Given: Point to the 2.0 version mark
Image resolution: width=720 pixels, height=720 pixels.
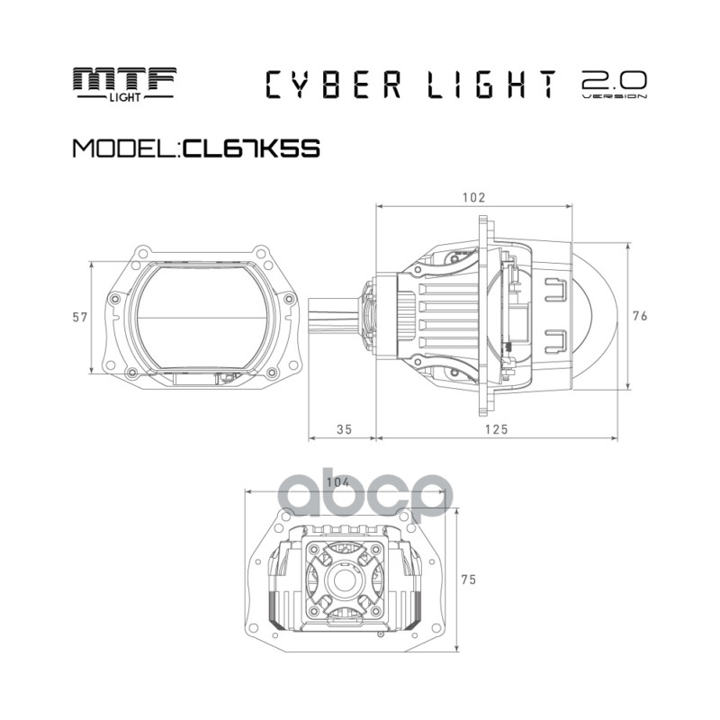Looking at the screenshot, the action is coord(614,84).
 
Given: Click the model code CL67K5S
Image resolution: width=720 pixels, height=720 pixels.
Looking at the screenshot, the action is coord(251,147).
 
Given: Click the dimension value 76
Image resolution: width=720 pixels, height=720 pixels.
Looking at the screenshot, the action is coord(641,316).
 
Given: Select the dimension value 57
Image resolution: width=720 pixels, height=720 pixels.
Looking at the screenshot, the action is coord(79,317).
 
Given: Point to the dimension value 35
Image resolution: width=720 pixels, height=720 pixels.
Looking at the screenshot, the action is coord(343,429).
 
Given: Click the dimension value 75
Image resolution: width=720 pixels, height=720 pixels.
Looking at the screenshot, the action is coord(467,580).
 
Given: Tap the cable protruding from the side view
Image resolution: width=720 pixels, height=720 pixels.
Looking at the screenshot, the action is coord(335,316).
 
